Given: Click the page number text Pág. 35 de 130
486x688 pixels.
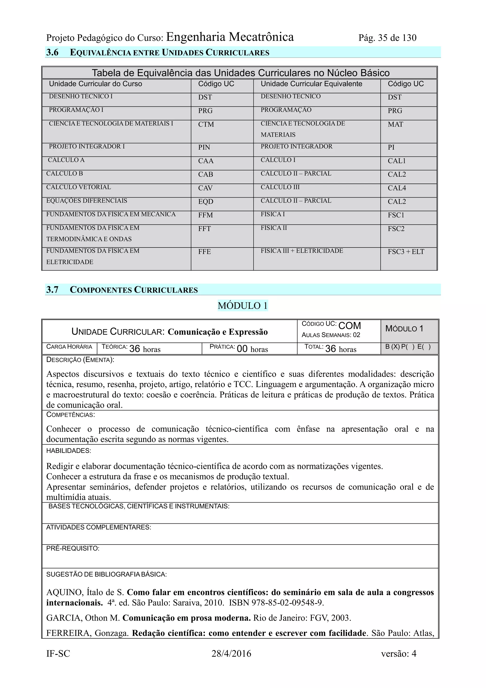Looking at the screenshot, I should pos(387,38).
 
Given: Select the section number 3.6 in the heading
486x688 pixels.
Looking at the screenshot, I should pos(52,52).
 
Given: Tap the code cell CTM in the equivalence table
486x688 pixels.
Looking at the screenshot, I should pos(206,124).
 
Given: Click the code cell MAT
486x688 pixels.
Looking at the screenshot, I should pos(395,124).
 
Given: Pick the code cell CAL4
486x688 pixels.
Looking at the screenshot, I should pos(397,188).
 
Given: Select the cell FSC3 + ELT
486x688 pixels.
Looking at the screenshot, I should pos(406,252).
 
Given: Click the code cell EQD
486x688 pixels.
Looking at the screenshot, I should pos(206,201).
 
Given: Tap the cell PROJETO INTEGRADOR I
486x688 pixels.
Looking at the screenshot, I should pos(87,147).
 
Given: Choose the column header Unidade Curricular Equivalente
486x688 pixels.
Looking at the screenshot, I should pos(311,84).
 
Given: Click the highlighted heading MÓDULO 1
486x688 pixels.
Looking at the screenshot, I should pos(243,306).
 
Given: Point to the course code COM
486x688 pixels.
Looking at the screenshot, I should pos(350,326).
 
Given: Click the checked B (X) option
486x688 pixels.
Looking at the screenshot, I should pos(392,347).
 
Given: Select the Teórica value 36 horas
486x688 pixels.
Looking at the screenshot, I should pos(145,349).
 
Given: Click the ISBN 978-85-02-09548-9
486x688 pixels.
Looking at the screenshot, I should pos(276,603).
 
